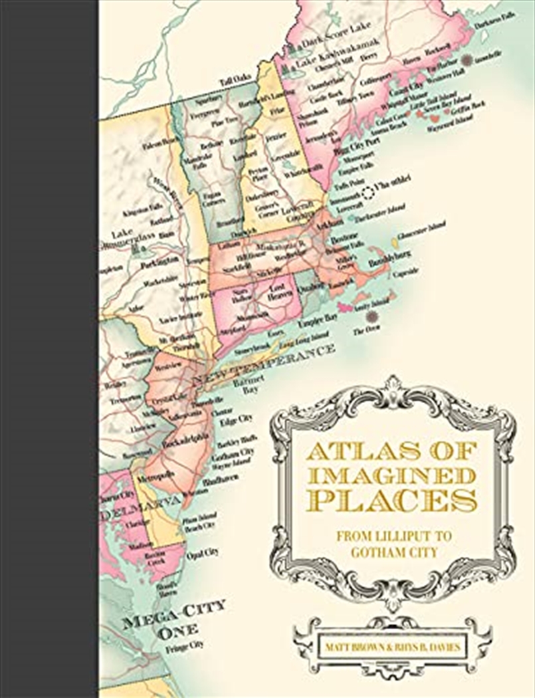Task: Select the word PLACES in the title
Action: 392,501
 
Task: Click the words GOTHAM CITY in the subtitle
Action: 392,552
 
